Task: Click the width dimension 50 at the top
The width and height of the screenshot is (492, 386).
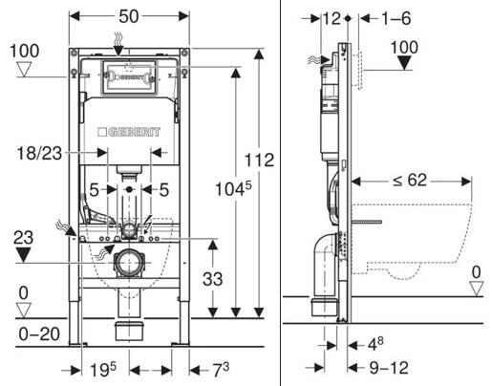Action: point(129,16)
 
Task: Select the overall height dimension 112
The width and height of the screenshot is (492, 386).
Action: point(259,160)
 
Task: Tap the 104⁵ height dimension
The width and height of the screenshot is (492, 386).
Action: point(233,189)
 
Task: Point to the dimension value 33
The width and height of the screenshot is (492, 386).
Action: point(212,279)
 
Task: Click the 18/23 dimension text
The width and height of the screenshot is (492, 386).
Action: point(39,153)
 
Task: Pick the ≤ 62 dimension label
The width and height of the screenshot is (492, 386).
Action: point(410,180)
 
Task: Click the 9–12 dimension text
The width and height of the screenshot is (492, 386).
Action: point(389,368)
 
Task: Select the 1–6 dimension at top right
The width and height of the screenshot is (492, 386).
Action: point(396,18)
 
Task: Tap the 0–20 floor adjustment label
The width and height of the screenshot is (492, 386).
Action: point(39,334)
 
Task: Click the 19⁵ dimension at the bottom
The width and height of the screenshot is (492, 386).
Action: point(103,370)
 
